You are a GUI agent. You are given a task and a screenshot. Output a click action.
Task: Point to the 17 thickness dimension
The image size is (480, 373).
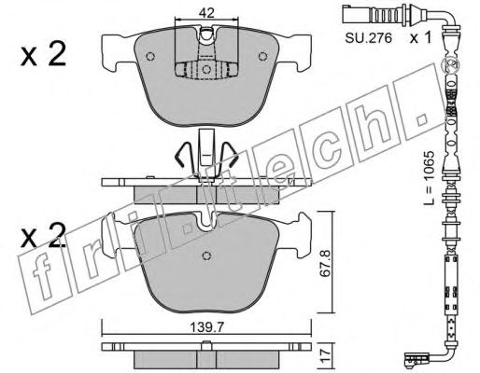(326, 354)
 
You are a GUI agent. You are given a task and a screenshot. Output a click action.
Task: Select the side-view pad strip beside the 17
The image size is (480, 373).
(206, 355)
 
